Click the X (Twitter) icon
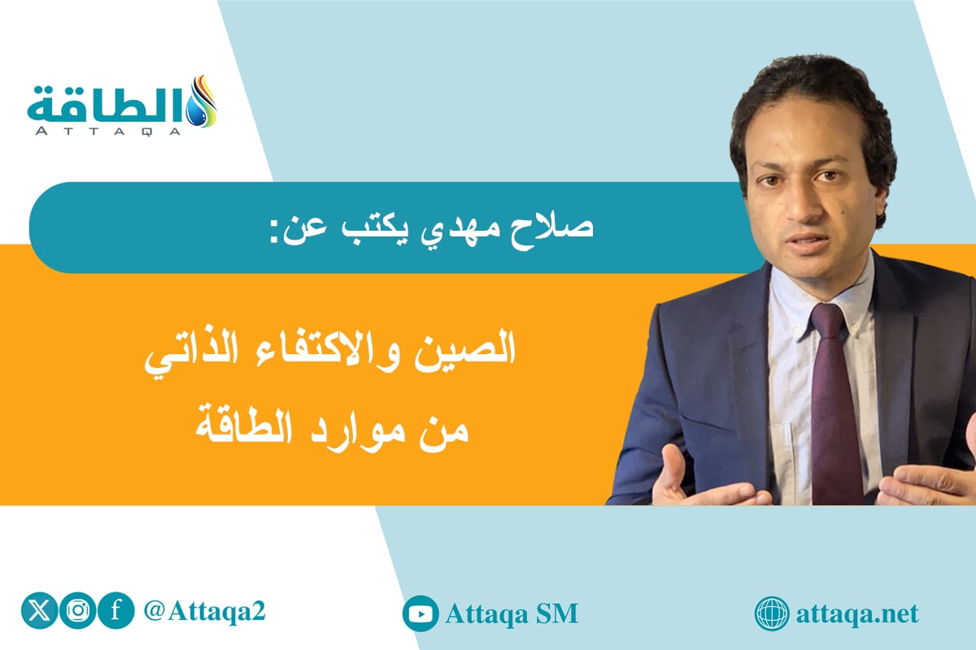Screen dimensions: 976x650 [39, 611]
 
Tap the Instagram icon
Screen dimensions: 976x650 [78, 611]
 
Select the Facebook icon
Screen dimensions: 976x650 [115, 611]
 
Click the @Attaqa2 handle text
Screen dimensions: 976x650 [204, 612]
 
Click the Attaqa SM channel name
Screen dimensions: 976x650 [512, 614]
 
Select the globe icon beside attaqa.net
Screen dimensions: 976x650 [772, 614]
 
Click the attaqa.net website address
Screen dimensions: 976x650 [857, 614]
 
